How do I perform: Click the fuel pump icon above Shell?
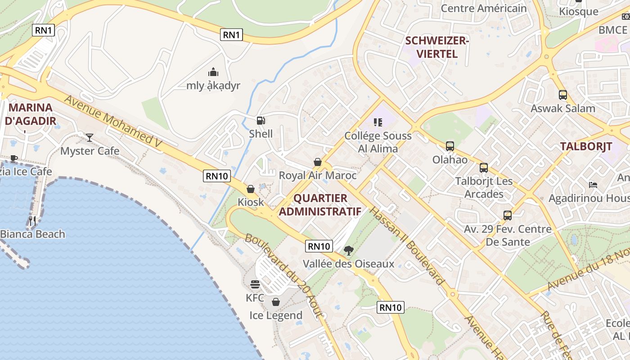tap(261, 121)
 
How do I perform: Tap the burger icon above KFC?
tap(255, 284)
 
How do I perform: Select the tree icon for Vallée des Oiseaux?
tap(348, 251)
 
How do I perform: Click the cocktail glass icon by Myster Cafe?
tap(90, 137)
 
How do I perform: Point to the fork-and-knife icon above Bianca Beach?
tap(32, 220)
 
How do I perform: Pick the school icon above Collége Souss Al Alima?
tap(378, 122)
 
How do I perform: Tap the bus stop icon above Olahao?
tap(450, 146)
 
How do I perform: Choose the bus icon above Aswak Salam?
tap(562, 95)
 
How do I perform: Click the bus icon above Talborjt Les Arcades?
tap(484, 168)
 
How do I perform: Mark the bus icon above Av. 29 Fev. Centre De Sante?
tap(508, 216)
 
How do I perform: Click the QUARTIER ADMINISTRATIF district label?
tap(320, 205)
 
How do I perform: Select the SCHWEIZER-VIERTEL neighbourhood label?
tap(437, 47)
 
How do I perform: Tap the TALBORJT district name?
tap(586, 146)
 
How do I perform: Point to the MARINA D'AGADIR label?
tap(31, 114)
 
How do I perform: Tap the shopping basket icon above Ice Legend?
tap(276, 302)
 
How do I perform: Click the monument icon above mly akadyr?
tap(213, 72)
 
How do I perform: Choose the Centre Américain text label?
tap(483, 8)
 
